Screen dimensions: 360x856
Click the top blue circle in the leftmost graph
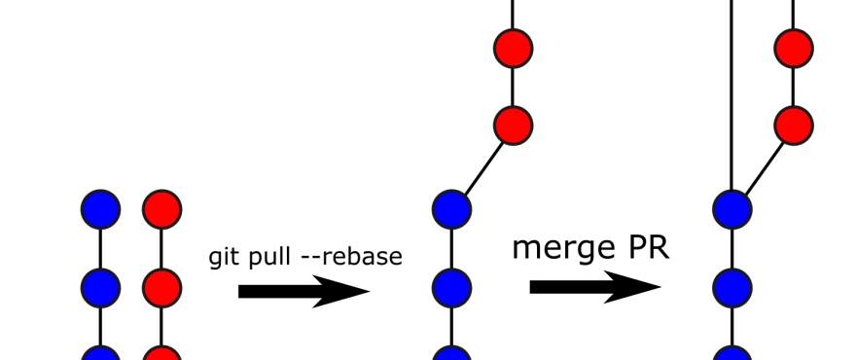coord(100,209)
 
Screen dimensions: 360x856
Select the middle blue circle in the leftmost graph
coord(100,287)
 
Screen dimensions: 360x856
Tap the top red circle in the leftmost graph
coord(161,209)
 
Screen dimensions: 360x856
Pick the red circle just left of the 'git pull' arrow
coord(161,287)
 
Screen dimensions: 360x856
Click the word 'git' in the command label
coord(223,258)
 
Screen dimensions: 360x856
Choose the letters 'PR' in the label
coord(647,247)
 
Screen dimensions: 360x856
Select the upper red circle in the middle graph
coord(513,47)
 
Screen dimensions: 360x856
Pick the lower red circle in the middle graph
coord(513,125)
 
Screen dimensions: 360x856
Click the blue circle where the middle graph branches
coord(451,208)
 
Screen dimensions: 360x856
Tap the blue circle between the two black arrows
coord(451,287)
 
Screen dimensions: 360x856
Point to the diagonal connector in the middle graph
coord(482,166)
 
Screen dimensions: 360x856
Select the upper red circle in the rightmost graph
coord(794,47)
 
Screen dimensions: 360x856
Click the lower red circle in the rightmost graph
coord(794,125)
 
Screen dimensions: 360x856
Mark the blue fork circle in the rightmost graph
coord(731,208)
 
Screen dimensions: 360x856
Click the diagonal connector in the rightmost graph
coord(764,166)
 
